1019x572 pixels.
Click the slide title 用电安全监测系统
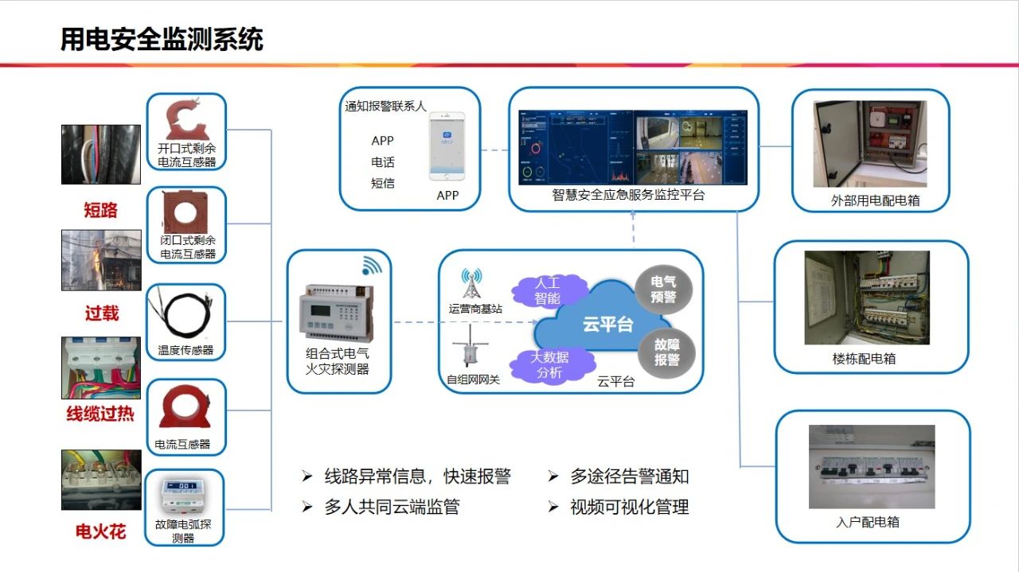[162, 39]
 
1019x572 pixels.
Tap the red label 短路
[101, 210]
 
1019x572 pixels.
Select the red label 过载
[101, 313]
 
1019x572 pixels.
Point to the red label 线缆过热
[100, 414]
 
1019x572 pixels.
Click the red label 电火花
[101, 531]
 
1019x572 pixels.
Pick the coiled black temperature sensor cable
[186, 315]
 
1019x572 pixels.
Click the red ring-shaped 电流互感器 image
[185, 408]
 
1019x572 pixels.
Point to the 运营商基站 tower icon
[474, 285]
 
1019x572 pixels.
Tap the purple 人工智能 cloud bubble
[548, 290]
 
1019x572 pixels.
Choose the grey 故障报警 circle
[666, 352]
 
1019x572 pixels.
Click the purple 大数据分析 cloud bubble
[549, 365]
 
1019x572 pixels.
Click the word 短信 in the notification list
[383, 183]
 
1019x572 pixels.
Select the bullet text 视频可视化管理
[629, 507]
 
